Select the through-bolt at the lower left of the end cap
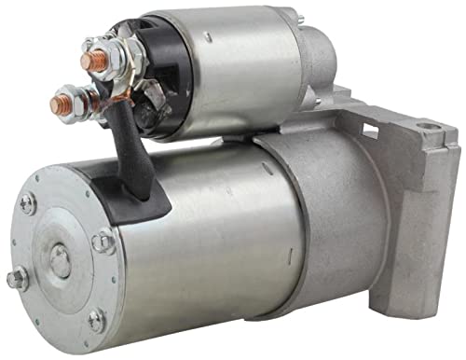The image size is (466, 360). [17, 277]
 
